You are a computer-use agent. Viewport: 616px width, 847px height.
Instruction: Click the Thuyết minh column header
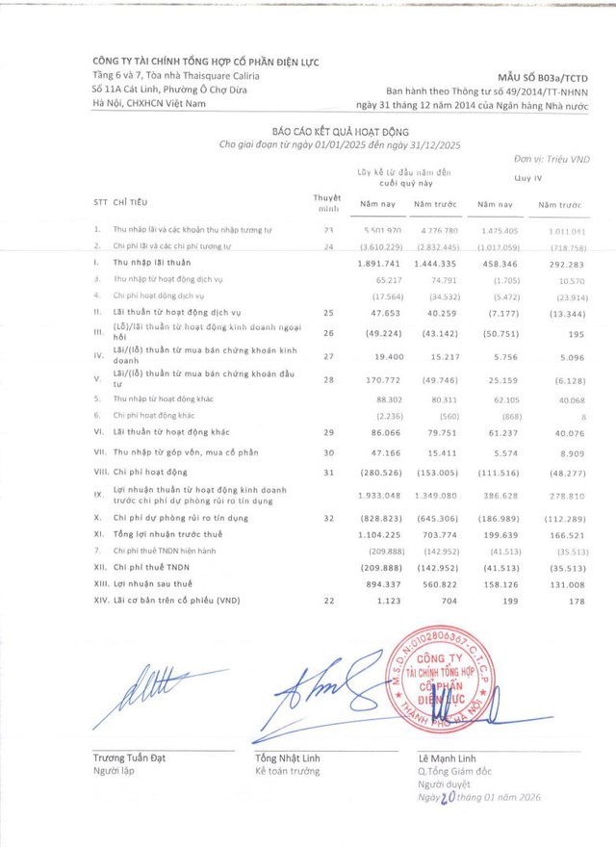(328, 202)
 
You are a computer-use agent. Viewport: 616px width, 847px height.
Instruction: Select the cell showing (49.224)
(378, 334)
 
